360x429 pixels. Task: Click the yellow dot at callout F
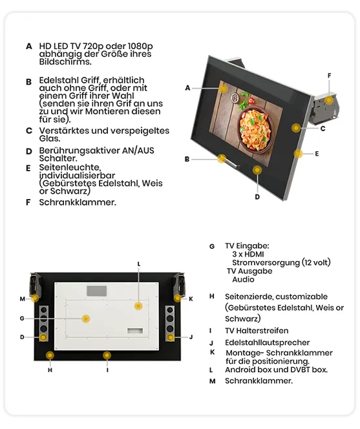330,99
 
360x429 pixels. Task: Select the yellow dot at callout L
138,305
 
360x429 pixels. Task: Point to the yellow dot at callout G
85,319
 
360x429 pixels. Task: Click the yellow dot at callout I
107,355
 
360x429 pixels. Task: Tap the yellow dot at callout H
50,355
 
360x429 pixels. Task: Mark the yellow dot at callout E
299,153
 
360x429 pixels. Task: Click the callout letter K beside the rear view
191,298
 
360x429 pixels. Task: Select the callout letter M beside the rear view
22,298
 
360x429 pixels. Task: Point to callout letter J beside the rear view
191,337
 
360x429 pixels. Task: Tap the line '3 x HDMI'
248,254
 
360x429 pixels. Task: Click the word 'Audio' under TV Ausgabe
243,279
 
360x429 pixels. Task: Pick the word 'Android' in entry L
241,370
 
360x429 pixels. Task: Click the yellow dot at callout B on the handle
220,157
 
